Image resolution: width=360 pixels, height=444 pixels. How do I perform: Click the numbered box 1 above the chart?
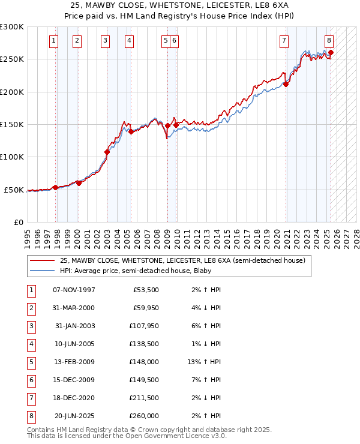[54, 41]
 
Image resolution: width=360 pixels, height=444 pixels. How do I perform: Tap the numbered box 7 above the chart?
[283, 41]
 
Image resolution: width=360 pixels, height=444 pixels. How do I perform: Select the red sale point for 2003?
[107, 152]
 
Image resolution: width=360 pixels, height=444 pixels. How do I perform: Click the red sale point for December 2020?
[286, 85]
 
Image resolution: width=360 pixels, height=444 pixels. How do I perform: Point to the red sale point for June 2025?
[331, 53]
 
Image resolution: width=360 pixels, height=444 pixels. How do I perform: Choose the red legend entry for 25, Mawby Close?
[182, 260]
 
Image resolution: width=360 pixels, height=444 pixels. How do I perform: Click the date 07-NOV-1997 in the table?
[74, 290]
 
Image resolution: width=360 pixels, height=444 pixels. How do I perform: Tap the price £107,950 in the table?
[142, 326]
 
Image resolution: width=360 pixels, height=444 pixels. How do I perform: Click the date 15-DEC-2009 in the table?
[74, 380]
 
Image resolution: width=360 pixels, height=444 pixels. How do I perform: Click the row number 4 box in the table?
[30, 344]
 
